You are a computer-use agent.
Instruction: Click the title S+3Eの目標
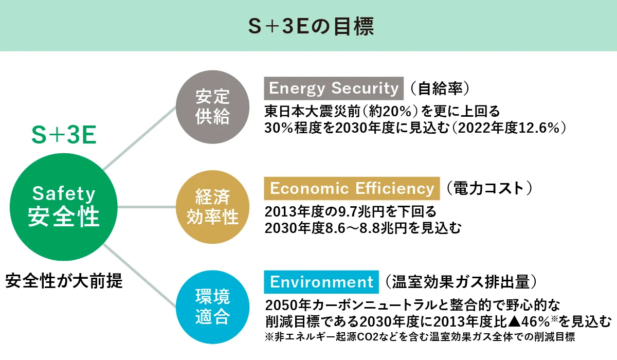[311, 26]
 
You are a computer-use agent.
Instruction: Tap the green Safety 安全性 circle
[64, 207]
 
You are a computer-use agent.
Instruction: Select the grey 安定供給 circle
[213, 107]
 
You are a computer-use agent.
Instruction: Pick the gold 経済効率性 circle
[213, 207]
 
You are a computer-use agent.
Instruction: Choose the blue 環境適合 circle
[213, 307]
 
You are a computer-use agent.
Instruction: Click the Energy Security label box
[334, 88]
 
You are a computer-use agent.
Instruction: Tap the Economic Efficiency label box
[352, 188]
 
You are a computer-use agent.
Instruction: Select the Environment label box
[321, 282]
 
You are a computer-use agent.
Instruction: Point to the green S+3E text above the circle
[64, 135]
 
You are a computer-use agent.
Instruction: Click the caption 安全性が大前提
[64, 281]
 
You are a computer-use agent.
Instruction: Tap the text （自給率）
[440, 88]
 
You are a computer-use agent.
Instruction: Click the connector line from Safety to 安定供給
[140, 138]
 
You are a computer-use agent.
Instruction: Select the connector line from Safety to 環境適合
[140, 276]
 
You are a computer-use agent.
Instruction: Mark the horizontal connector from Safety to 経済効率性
[147, 207]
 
